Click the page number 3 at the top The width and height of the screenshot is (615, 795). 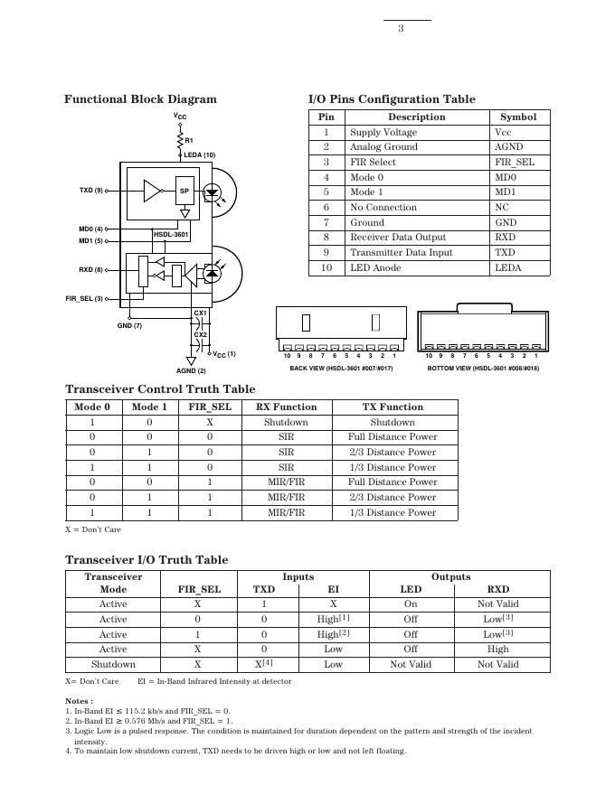pyautogui.click(x=401, y=29)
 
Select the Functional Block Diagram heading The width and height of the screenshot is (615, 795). pyautogui.click(x=140, y=99)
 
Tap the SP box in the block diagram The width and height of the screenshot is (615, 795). pyautogui.click(x=184, y=191)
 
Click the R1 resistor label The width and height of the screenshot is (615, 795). pyautogui.click(x=189, y=140)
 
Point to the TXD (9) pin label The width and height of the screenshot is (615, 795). pyautogui.click(x=91, y=191)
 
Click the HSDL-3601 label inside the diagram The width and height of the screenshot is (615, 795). pyautogui.click(x=170, y=234)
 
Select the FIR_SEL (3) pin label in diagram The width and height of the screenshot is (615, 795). pyautogui.click(x=84, y=298)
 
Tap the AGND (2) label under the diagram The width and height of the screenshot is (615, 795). pyautogui.click(x=191, y=371)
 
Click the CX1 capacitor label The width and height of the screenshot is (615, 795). pyautogui.click(x=200, y=313)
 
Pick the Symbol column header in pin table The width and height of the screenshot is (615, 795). pyautogui.click(x=518, y=117)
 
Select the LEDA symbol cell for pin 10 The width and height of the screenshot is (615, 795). pyautogui.click(x=508, y=267)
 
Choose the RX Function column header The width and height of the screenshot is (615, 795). pyautogui.click(x=286, y=407)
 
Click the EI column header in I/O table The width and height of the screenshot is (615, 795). pyautogui.click(x=333, y=589)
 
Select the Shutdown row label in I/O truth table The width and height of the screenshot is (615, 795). pyautogui.click(x=113, y=664)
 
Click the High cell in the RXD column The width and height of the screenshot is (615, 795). pyautogui.click(x=497, y=649)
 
